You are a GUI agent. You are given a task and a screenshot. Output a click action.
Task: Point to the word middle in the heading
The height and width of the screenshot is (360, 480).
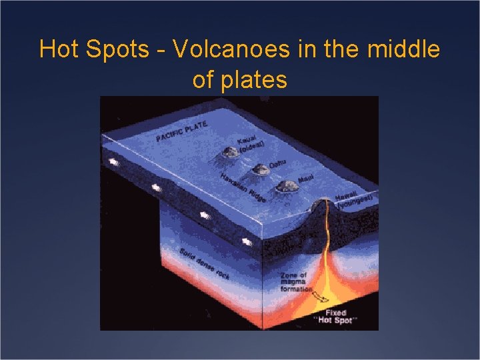[x=405, y=49]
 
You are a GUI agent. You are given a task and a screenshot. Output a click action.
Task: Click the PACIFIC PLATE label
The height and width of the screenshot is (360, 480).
[x=182, y=131]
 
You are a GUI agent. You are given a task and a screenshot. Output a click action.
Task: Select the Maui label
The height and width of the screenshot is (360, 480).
[x=306, y=179]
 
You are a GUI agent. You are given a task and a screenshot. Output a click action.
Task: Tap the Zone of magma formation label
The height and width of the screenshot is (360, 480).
[x=294, y=282]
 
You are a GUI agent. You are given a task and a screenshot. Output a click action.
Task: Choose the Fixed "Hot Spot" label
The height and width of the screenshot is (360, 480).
[x=333, y=316]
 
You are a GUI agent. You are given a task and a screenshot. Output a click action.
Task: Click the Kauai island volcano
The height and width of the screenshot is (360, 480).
[x=230, y=153]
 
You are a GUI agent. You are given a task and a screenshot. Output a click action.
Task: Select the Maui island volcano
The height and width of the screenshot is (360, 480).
[x=287, y=188]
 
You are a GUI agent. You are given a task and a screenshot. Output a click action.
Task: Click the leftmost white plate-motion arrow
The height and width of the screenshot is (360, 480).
[x=114, y=162]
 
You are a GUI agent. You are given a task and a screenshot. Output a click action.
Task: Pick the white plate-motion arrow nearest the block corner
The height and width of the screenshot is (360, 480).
[x=248, y=241]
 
